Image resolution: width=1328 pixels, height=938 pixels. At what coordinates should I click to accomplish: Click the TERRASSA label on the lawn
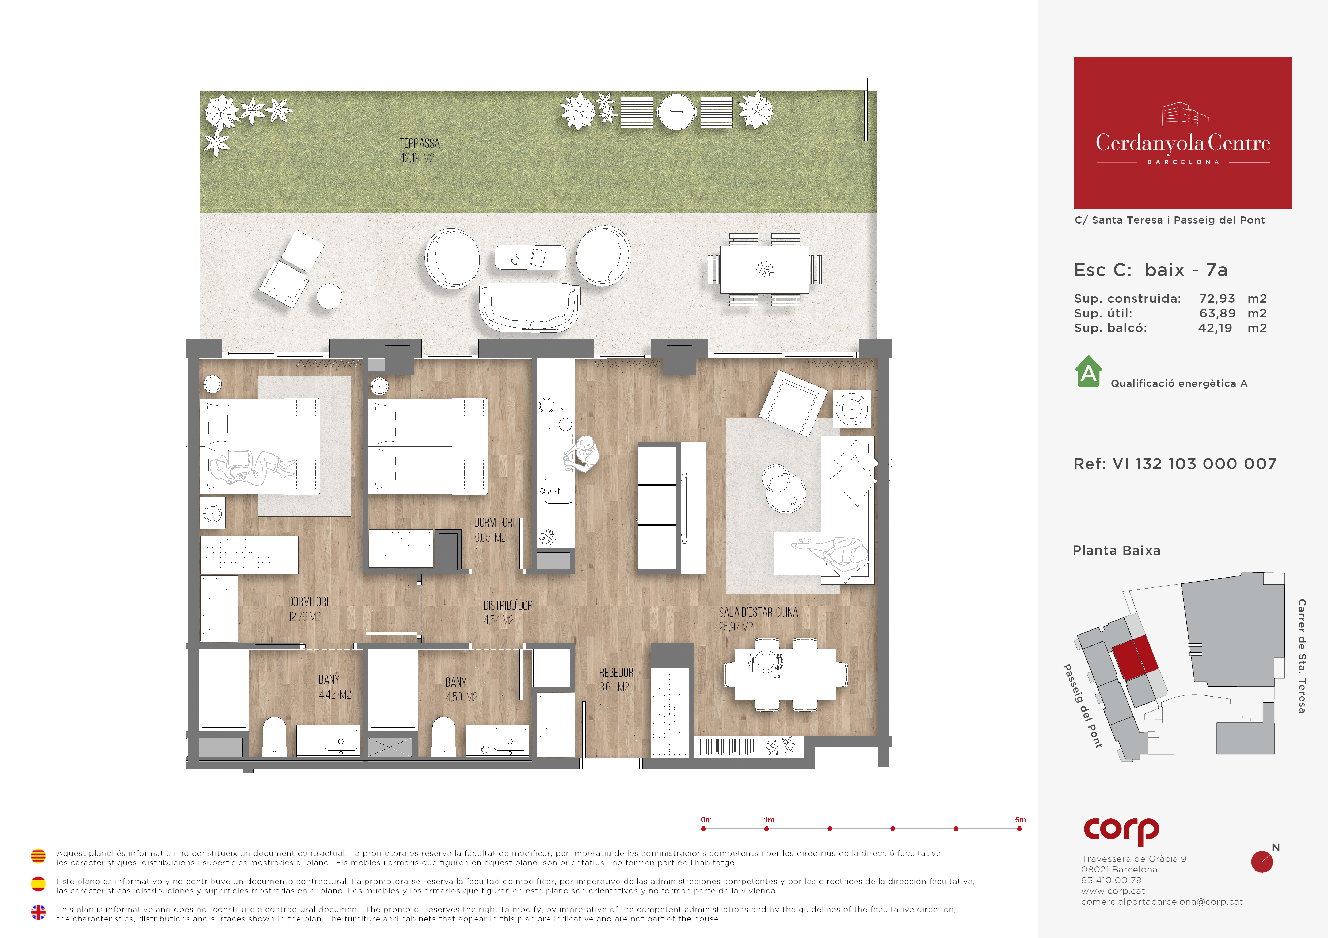point(419,143)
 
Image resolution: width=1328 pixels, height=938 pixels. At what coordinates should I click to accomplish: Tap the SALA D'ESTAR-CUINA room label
point(758,613)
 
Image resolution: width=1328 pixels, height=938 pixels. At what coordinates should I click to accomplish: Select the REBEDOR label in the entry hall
point(616,673)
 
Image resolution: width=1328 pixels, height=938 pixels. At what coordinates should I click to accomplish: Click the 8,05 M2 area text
point(490,537)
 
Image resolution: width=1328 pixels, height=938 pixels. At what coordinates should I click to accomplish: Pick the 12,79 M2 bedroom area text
point(304,617)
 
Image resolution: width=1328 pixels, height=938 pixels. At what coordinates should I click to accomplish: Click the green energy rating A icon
point(1089,372)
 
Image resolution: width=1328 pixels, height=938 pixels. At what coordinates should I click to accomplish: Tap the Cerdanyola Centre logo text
point(1183,143)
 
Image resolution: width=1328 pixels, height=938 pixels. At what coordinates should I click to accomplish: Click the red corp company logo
point(1121,831)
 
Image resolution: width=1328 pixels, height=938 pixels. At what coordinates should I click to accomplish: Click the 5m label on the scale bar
point(1020,820)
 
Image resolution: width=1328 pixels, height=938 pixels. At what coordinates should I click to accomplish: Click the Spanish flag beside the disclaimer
point(38,884)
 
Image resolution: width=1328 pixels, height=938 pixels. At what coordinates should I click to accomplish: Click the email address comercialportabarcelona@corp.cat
point(1162,902)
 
